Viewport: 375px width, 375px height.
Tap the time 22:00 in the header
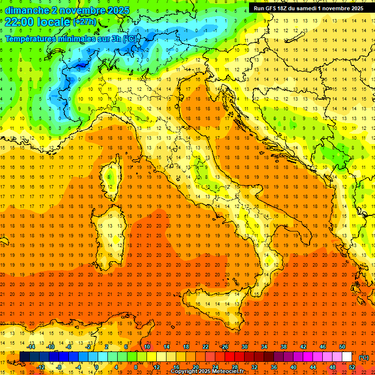20,22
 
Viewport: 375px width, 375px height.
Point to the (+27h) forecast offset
84,22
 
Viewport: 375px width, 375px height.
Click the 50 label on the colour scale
342,347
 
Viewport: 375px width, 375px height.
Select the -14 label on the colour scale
31,347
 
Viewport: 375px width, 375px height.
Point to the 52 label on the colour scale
352,367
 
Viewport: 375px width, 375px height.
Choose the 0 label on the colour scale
97,367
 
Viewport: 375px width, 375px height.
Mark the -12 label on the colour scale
41,367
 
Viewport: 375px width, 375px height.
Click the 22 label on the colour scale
206,347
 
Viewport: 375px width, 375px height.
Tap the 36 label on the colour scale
274,367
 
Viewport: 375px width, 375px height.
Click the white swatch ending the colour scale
347,356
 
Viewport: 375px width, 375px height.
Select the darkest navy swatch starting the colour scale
24,356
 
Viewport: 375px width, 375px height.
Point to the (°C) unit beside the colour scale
364,357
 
